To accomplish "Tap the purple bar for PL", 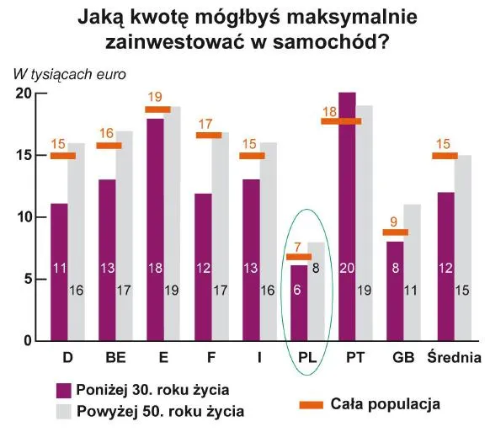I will [298, 303].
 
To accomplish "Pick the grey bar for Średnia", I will [463, 248].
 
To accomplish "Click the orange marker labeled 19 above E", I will [157, 109].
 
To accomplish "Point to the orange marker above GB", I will [395, 232].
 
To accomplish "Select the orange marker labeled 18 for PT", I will [341, 121].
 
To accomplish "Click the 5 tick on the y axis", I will [28, 279].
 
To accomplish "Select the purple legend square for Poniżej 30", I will [62, 391].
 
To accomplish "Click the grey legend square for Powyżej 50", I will [62, 412].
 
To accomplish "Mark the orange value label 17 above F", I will [205, 125].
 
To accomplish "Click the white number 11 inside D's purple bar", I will [60, 269].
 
